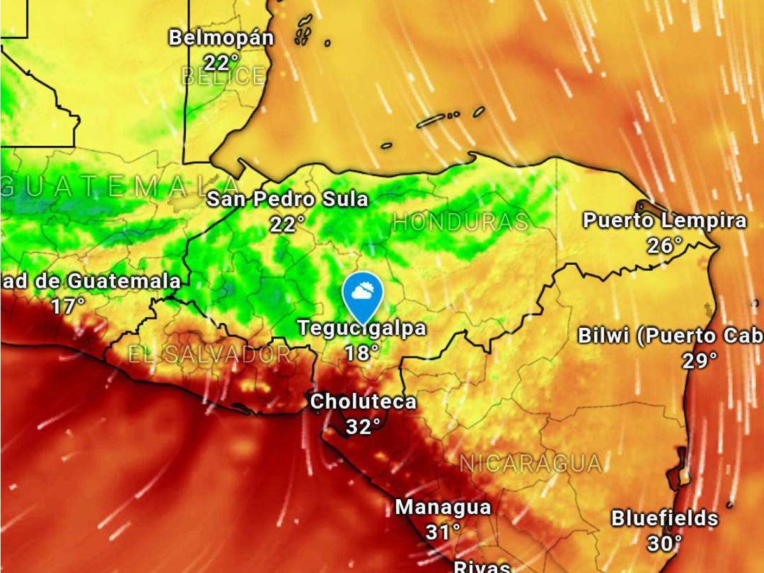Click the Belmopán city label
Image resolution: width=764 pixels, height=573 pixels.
221,38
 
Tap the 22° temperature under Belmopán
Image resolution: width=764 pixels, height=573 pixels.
221,62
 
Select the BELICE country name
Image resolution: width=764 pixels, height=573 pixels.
223,77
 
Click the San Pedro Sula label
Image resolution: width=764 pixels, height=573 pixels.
288,199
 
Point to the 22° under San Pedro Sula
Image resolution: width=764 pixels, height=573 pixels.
287,224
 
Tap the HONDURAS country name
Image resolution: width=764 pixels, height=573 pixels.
461,222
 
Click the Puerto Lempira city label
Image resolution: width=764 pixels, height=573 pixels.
665,221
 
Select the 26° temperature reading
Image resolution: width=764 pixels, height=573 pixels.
665,245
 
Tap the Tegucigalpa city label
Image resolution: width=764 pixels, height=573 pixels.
362,329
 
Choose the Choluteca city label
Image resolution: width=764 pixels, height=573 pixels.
363,402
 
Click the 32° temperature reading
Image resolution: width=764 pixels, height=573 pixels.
363,427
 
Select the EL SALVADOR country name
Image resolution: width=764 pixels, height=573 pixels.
210,355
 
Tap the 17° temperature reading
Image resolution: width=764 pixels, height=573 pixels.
67,306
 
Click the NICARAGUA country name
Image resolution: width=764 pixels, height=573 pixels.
530,463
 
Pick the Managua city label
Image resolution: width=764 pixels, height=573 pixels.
443,507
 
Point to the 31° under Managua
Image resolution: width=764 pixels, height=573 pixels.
442,532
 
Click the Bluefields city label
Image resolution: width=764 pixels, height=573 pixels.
665,518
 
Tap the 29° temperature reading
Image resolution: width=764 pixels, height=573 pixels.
700,361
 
